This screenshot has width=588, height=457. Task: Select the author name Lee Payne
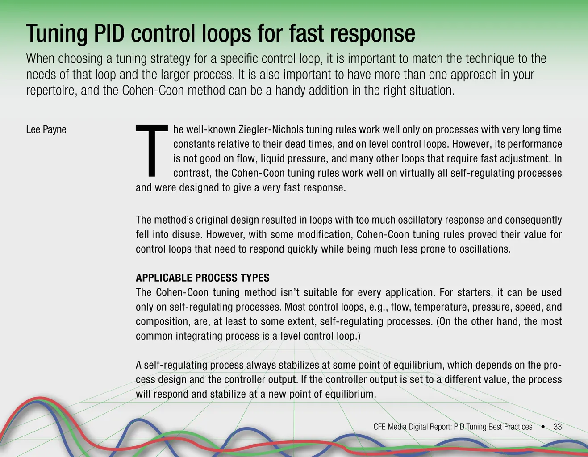click(x=46, y=130)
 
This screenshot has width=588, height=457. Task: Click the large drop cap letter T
click(x=152, y=150)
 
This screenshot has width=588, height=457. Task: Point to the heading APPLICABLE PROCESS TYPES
click(x=202, y=278)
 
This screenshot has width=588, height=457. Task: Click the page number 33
click(x=558, y=427)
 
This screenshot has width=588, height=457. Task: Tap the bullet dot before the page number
click(x=543, y=427)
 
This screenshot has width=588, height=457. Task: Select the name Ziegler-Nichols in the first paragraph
click(x=271, y=129)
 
